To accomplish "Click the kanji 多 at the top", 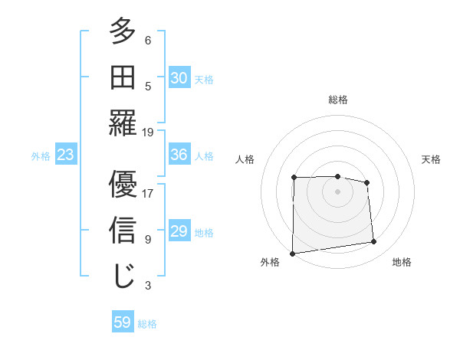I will click(x=123, y=31).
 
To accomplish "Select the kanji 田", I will click(x=123, y=77).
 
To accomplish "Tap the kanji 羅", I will click(x=123, y=123).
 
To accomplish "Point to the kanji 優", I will click(x=123, y=185).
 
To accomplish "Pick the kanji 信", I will click(x=123, y=231).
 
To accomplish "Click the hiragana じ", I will click(x=123, y=277).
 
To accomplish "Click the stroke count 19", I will click(x=149, y=132).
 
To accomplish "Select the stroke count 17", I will click(x=149, y=193).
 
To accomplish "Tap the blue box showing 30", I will click(x=179, y=78).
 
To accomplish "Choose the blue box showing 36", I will click(x=179, y=155).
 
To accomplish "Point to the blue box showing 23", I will click(x=65, y=155).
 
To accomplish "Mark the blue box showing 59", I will click(x=123, y=322).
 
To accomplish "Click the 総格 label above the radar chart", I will click(x=338, y=100).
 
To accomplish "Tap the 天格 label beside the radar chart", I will click(x=432, y=159).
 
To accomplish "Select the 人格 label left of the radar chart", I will click(x=245, y=159).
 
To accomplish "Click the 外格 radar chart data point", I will click(x=292, y=253).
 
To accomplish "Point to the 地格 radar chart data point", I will click(x=374, y=242).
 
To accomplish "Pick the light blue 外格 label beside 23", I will click(x=41, y=156).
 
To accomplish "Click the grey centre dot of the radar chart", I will click(x=337, y=191).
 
